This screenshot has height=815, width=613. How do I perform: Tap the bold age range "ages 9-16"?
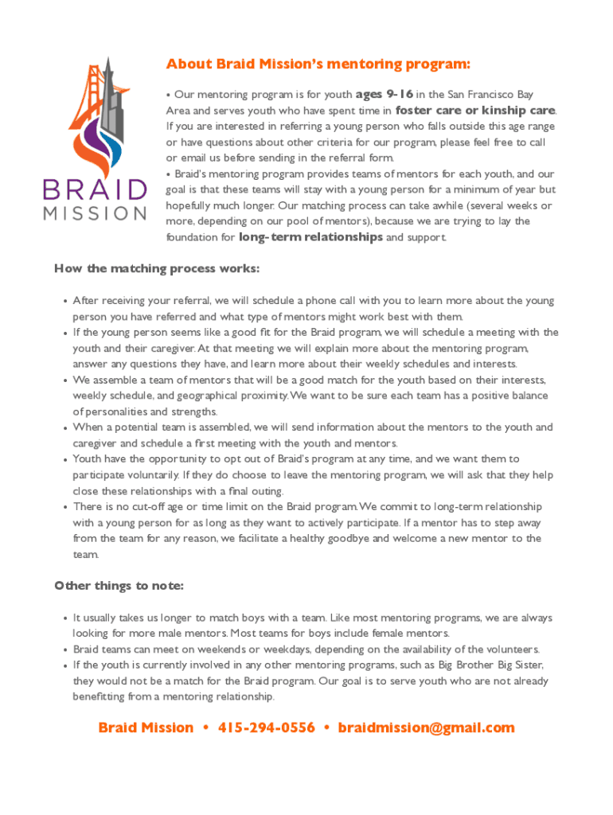pos(385,94)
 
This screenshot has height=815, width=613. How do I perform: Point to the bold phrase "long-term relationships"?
pos(310,237)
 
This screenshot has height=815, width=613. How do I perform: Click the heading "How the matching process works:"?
pos(157,268)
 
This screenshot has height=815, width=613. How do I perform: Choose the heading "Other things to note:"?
pos(119,586)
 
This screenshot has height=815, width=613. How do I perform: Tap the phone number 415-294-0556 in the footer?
pos(266,727)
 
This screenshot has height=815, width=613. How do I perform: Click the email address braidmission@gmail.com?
pos(426,727)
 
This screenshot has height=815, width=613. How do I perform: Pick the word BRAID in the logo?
pos(95,190)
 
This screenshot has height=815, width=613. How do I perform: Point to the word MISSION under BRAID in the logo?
pos(95,213)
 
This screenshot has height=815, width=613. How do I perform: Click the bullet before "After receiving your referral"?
pos(64,302)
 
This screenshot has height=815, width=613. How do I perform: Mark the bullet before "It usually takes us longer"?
pos(64,618)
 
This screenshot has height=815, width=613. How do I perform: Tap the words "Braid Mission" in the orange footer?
pos(145,727)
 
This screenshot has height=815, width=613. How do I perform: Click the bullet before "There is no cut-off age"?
pos(64,507)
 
